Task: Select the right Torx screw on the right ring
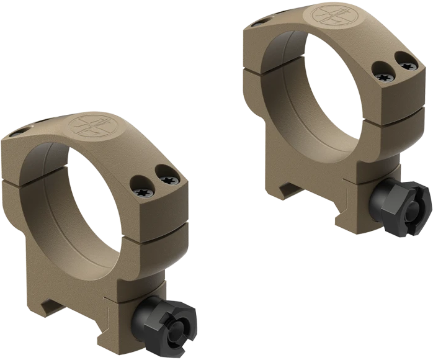(x=406, y=64)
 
